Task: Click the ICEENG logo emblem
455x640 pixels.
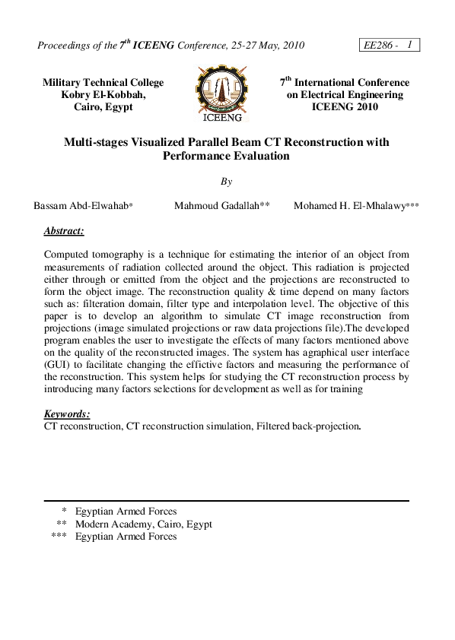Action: [x=223, y=93]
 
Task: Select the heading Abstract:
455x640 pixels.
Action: [x=64, y=230]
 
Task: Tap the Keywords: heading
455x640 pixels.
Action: [x=67, y=414]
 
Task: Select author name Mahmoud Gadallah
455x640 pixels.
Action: [x=221, y=206]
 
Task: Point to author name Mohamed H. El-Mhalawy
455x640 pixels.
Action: [x=355, y=206]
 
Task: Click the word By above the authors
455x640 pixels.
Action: [x=226, y=182]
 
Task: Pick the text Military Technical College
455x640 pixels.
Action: [x=103, y=82]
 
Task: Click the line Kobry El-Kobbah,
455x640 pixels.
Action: [x=103, y=94]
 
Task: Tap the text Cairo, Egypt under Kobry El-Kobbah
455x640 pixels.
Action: [x=103, y=107]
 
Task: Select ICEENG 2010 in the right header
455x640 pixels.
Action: [x=345, y=107]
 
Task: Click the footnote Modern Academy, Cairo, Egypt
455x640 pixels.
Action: [x=144, y=524]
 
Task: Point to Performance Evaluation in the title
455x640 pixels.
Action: [x=226, y=156]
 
